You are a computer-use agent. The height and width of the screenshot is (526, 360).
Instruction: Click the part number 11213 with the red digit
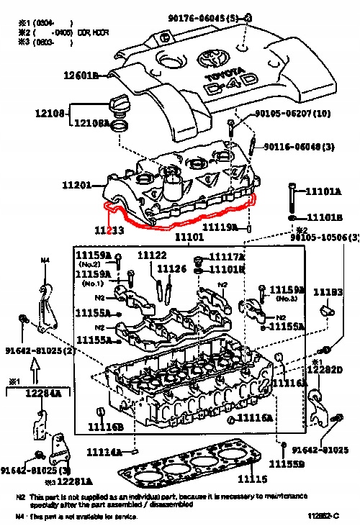point(109,230)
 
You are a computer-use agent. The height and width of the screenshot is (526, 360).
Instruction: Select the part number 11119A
point(220,227)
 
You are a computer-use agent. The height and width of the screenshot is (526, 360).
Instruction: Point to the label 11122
point(152,255)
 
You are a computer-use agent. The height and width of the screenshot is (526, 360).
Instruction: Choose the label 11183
point(328,292)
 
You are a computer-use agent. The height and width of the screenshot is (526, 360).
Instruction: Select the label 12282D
point(329,369)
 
